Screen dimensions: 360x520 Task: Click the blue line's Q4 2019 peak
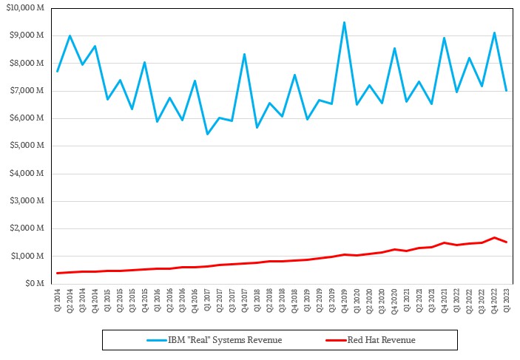point(344,22)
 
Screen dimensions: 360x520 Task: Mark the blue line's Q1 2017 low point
point(207,134)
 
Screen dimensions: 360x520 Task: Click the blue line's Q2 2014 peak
point(70,35)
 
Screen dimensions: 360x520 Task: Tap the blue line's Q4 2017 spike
point(244,54)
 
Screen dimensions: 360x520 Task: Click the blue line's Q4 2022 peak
point(494,33)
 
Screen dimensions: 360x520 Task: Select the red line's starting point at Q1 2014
point(58,273)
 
